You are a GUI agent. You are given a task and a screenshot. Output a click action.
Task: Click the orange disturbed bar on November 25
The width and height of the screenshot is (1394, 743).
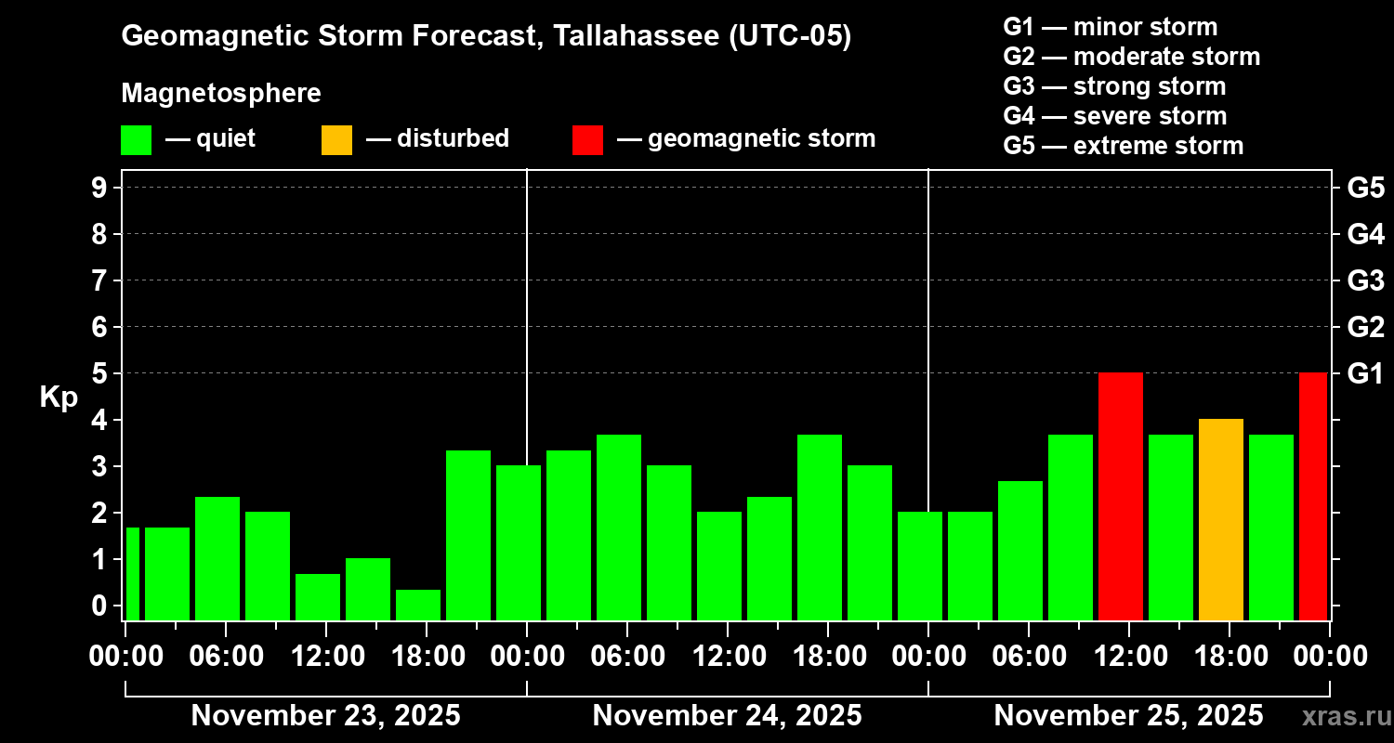1220,519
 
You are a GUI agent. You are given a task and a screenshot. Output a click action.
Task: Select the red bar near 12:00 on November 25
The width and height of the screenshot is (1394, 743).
1120,496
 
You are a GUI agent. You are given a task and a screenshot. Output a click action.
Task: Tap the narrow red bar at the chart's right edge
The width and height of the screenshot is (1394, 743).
1312,496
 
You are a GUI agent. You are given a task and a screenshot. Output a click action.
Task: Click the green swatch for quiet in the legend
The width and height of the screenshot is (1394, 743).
136,140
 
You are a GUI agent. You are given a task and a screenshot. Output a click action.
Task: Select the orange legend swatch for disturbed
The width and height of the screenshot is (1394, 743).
336,140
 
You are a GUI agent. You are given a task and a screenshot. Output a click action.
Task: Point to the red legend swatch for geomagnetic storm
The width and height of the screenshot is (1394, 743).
587,140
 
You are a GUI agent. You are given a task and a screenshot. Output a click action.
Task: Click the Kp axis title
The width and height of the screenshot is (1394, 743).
59,398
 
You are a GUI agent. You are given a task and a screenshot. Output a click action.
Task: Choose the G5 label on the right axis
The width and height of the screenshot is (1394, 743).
1365,188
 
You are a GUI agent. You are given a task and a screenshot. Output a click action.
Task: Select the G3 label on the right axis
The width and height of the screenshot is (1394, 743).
1365,280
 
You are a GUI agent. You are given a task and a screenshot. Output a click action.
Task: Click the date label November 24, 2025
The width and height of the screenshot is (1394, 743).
727,715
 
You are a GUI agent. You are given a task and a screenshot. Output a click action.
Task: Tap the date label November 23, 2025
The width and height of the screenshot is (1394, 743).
325,715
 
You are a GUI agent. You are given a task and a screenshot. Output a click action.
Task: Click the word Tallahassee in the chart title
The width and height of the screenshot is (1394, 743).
625,36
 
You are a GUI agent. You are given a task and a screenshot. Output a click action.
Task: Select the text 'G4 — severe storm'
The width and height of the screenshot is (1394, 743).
1115,116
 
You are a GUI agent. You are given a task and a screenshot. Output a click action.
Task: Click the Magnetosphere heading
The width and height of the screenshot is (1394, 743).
221,94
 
